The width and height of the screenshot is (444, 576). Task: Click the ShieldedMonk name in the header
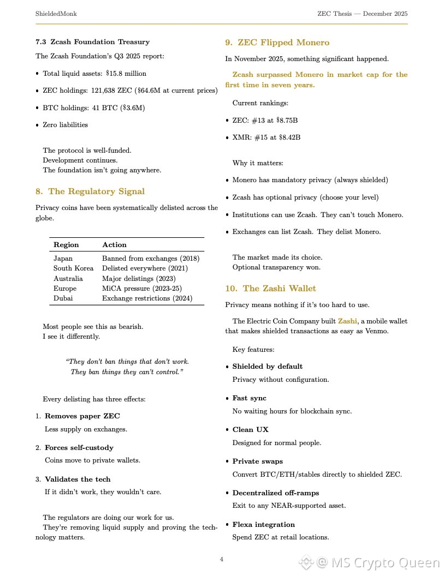56,13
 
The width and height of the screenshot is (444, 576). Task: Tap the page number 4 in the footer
221,559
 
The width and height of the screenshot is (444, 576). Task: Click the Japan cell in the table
63,259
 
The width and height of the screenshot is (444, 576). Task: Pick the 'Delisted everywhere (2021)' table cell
145,268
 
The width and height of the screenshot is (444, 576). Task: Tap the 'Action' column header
114,245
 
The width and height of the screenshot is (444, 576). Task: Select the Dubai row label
63,298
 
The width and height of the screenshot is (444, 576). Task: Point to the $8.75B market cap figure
288,120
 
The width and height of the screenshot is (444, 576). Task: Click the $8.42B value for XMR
289,137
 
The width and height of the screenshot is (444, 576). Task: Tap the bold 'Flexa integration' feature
263,525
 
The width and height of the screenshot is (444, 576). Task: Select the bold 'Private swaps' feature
257,461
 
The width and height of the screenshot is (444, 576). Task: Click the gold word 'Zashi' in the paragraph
347,321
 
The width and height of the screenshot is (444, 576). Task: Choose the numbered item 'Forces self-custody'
79,448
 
